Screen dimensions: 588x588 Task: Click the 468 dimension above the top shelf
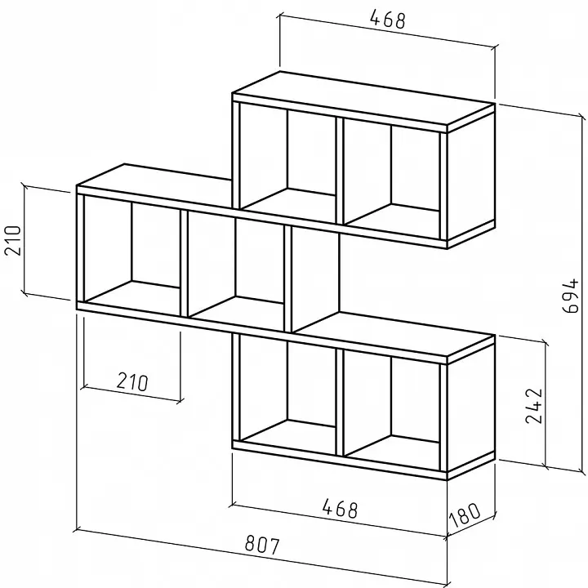pyautogui.click(x=388, y=20)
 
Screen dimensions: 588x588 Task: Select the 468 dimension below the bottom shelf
pyautogui.click(x=340, y=509)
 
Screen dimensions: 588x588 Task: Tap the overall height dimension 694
pyautogui.click(x=571, y=296)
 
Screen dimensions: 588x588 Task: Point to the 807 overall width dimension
pyautogui.click(x=262, y=546)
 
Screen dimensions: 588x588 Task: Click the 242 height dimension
pyautogui.click(x=534, y=406)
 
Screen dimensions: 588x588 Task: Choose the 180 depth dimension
pyautogui.click(x=464, y=514)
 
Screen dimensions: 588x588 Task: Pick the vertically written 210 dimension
pyautogui.click(x=12, y=240)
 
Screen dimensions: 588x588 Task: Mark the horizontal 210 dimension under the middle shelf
pyautogui.click(x=132, y=381)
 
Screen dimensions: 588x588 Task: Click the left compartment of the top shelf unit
pyautogui.click(x=288, y=157)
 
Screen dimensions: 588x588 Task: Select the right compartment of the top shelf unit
pyautogui.click(x=391, y=172)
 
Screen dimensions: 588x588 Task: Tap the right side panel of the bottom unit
pyautogui.click(x=471, y=406)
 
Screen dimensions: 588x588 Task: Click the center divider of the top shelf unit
pyautogui.click(x=340, y=171)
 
